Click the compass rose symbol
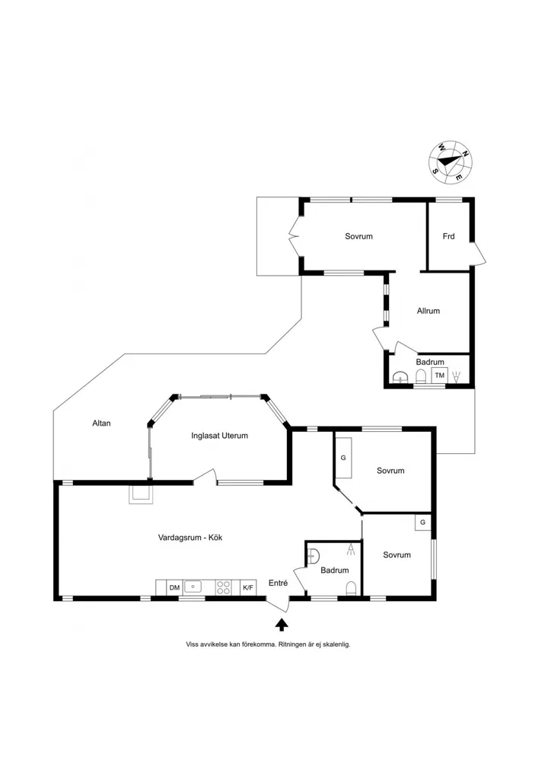pos(451,161)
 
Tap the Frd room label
pos(448,236)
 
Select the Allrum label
pos(428,311)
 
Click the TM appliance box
pos(440,376)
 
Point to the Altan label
pos(101,424)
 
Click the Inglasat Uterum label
pos(219,436)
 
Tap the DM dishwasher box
pos(174,587)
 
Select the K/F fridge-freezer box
pos(248,587)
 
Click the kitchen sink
pos(193,587)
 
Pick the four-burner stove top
pos(224,587)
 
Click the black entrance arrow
pos(282,625)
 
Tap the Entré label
pos(278,583)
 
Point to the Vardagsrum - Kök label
pos(190,538)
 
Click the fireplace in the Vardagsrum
pos(141,494)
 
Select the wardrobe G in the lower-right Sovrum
pos(423,523)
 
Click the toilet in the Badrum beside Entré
pos(351,588)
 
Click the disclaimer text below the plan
pos(269,644)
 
